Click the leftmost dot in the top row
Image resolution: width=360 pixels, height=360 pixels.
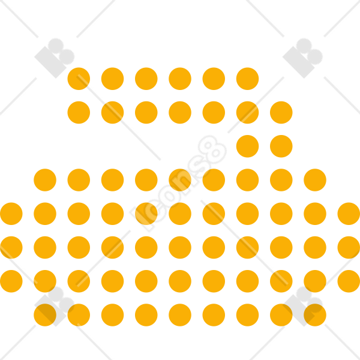pos(79,79)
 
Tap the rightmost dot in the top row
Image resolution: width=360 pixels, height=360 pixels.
pos(247,79)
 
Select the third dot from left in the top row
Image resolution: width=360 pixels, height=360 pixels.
pos(146,79)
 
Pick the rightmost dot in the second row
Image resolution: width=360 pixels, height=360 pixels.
pos(281,113)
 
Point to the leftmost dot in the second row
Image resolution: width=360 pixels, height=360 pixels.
pos(79,113)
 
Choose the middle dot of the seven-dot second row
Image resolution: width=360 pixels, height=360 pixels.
pos(180,113)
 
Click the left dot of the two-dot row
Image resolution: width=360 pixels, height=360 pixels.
pos(247,146)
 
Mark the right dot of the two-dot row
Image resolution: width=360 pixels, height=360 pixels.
pos(281,146)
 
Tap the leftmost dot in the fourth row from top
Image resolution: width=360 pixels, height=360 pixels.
pos(45,180)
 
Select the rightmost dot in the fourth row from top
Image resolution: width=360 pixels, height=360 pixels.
pos(315,180)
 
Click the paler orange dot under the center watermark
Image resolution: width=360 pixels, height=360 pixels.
pos(146,214)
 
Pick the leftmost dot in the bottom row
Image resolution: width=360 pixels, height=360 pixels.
pos(45,315)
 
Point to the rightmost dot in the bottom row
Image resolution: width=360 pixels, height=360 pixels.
pos(315,315)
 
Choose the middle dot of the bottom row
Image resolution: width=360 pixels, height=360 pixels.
pos(180,315)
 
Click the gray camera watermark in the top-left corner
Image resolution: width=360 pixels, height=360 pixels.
pos(55,58)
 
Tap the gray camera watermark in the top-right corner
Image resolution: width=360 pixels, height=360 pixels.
pos(302,58)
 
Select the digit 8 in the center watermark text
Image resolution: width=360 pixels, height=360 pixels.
pos(212,149)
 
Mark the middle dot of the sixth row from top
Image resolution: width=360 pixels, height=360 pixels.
pos(180,247)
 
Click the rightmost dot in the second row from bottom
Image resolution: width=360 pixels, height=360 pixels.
pos(349,281)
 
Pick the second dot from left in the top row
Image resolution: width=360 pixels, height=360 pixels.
pos(113,79)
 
